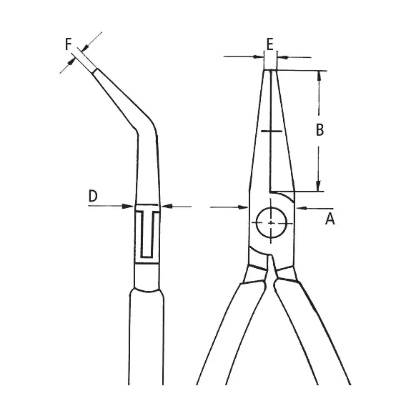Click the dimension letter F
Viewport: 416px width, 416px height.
[68, 44]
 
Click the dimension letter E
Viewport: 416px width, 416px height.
[269, 44]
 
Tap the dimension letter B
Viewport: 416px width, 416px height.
[320, 130]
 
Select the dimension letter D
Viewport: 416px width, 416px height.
[93, 196]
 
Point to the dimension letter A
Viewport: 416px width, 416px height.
[330, 219]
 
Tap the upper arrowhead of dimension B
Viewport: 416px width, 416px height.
[319, 75]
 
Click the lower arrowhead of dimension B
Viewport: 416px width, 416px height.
[318, 187]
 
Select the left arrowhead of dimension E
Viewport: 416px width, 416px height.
[259, 56]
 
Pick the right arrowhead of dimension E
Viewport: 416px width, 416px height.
[282, 57]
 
